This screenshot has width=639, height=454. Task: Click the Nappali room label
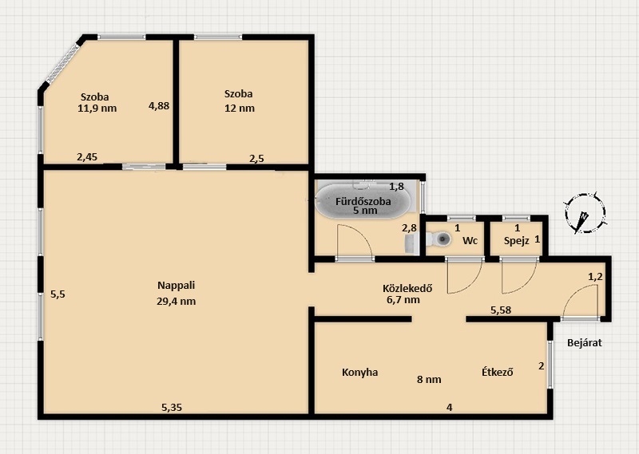point(176,286)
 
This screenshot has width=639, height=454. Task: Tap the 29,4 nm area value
point(176,302)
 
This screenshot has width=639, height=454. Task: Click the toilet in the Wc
point(439,239)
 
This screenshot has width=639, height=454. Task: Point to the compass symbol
point(585,213)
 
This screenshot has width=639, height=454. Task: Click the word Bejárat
point(585,343)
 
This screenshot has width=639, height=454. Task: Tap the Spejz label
point(516,241)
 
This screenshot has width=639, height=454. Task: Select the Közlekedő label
point(407,288)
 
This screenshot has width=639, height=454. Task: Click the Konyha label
point(360,373)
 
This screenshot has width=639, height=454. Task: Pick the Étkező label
point(497,372)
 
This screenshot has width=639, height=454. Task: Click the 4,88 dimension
point(159,106)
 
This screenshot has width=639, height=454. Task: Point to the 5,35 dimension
point(172,407)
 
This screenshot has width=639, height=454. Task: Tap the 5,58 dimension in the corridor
point(501,310)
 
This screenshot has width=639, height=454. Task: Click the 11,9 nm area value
point(97,109)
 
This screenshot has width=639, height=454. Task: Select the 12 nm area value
point(240,109)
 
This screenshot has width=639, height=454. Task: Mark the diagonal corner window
point(62,64)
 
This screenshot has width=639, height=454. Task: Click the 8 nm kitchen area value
point(429,380)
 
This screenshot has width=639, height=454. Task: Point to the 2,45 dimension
point(87,156)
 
